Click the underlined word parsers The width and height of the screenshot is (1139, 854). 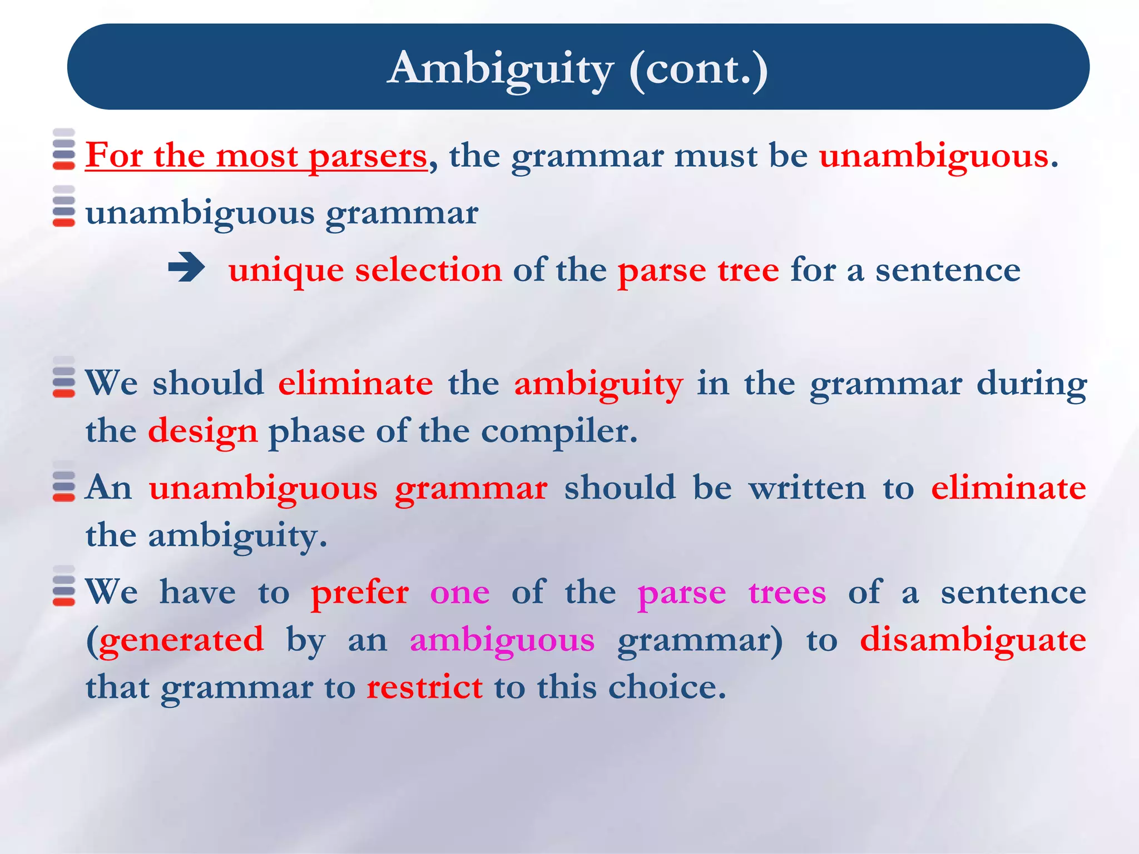pyautogui.click(x=368, y=156)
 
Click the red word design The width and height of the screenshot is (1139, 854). pyautogui.click(x=202, y=432)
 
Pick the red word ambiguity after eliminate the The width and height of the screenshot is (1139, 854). pyautogui.click(x=598, y=385)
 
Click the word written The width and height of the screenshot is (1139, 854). pyautogui.click(x=807, y=488)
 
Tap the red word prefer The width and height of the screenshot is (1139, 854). pyautogui.click(x=360, y=593)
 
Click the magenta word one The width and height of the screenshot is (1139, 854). pyautogui.click(x=460, y=593)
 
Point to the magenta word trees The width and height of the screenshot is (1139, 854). pyautogui.click(x=787, y=593)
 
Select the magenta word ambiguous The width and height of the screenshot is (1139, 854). pyautogui.click(x=502, y=640)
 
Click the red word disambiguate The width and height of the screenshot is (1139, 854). pyautogui.click(x=973, y=639)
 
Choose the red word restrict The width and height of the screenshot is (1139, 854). pyautogui.click(x=424, y=687)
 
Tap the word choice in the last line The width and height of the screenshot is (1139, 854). pyautogui.click(x=667, y=687)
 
